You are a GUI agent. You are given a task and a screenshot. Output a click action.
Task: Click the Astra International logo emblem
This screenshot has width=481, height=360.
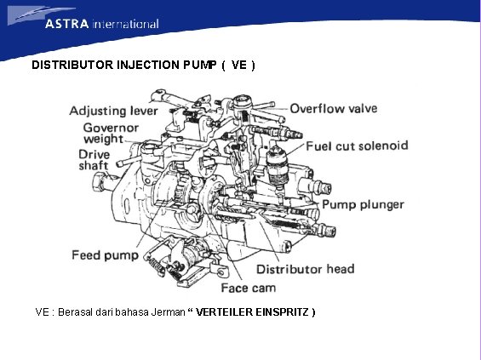[x=26, y=15]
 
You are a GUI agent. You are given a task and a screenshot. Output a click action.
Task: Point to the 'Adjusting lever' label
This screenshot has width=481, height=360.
[x=112, y=111]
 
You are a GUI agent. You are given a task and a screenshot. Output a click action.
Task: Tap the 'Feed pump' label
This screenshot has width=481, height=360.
[x=104, y=254]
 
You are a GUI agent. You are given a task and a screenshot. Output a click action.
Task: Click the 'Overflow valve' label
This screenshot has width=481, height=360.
[x=333, y=109]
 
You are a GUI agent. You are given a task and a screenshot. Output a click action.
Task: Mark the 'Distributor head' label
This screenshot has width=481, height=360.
[x=306, y=269]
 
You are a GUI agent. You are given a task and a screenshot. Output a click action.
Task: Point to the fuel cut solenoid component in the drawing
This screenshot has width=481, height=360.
[x=277, y=162]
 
